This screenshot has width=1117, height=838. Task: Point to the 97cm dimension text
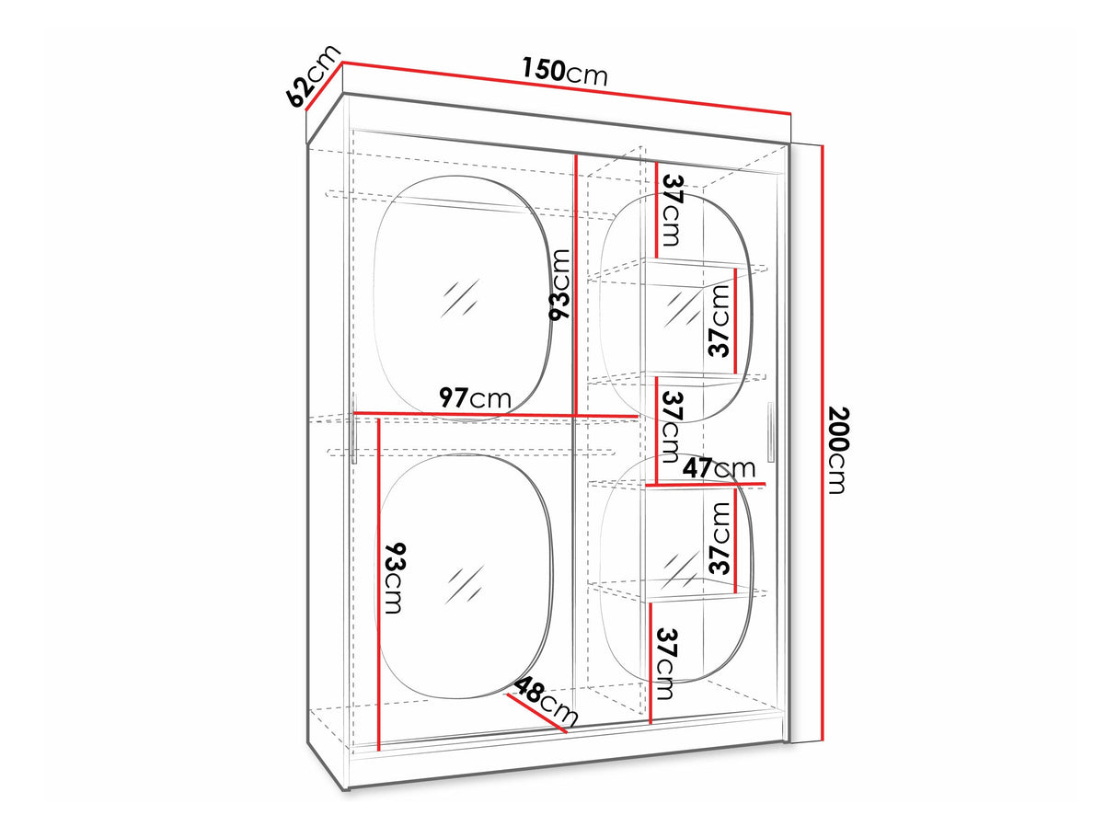[x=475, y=397]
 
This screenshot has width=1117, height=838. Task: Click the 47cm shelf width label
[x=719, y=468]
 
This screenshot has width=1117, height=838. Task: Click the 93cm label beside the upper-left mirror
[x=558, y=284]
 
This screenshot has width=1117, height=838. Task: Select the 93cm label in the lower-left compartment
[x=395, y=579]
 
